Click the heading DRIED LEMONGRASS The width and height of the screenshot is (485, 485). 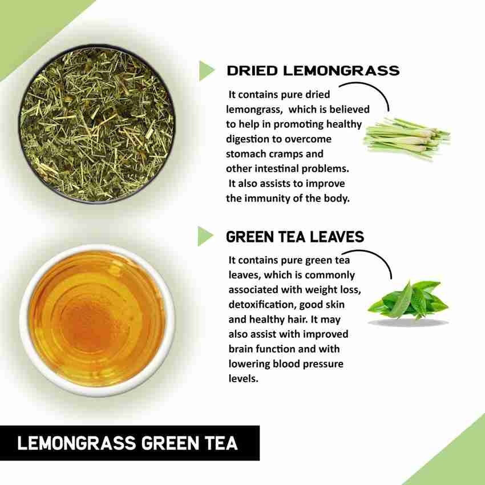313,71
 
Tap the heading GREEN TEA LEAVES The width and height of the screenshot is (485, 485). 295,237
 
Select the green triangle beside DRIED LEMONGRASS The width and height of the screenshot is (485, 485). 207,71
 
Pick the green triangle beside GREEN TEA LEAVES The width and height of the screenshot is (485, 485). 205,236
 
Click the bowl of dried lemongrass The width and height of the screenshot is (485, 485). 97,124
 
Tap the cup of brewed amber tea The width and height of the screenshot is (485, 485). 97,321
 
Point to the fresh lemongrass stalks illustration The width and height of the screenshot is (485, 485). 407,138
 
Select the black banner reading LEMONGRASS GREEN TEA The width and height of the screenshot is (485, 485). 130,443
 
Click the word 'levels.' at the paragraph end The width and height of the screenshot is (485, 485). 244,378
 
